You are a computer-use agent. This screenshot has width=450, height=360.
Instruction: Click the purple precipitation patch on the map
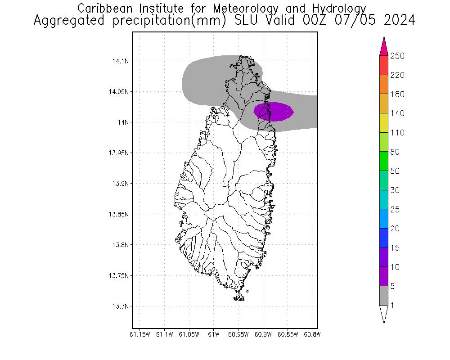point(274,112)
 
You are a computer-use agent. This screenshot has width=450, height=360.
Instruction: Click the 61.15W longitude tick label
point(139,334)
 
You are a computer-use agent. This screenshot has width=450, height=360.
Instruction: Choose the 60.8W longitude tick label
point(312,334)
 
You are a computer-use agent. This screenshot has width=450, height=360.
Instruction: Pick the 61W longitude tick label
point(213,334)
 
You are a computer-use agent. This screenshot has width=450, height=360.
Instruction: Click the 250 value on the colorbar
point(398,56)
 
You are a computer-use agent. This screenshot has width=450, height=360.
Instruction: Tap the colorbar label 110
point(398,133)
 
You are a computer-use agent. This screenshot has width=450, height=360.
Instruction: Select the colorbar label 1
point(392,306)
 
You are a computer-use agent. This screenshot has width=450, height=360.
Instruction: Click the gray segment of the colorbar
point(383,296)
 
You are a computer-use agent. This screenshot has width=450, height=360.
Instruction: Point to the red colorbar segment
point(383,65)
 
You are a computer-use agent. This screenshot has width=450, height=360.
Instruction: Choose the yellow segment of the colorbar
point(383,123)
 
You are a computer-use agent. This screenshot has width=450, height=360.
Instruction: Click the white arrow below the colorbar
point(383,314)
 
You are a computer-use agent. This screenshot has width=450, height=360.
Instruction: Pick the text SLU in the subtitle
point(241,21)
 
